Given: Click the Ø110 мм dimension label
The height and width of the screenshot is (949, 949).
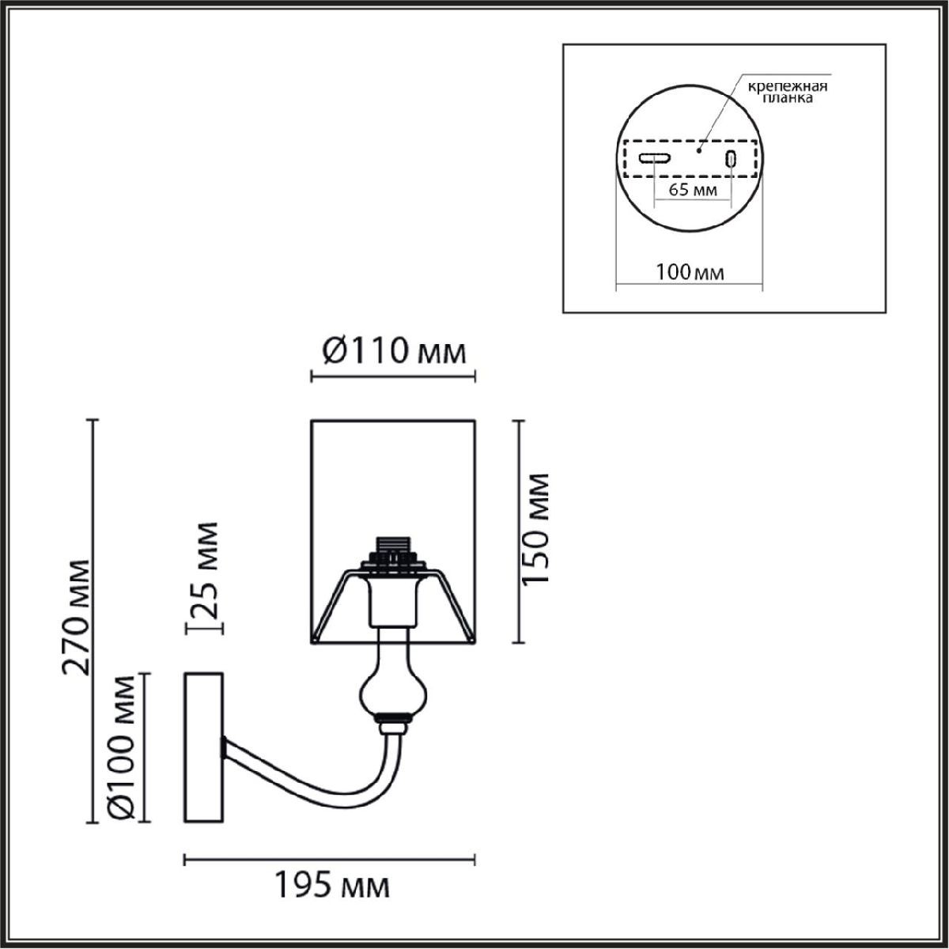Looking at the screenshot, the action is point(394,352).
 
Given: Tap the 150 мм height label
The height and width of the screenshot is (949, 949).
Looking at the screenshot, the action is point(535,529).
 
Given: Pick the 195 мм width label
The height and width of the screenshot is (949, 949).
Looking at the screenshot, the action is point(331,899).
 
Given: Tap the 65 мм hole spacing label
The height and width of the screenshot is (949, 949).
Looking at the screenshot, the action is point(693,189).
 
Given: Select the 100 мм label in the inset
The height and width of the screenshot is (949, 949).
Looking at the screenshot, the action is point(690,272).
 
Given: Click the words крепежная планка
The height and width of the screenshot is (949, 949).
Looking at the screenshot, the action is point(788,93).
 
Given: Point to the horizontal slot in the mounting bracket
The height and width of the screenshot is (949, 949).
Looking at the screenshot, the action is point(654,158).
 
